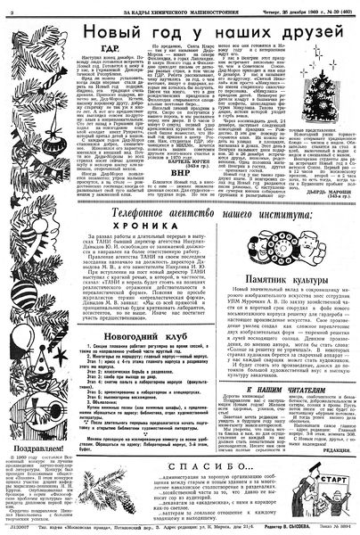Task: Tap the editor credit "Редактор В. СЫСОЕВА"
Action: (x=282, y=528)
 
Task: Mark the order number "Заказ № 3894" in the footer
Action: (x=336, y=528)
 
